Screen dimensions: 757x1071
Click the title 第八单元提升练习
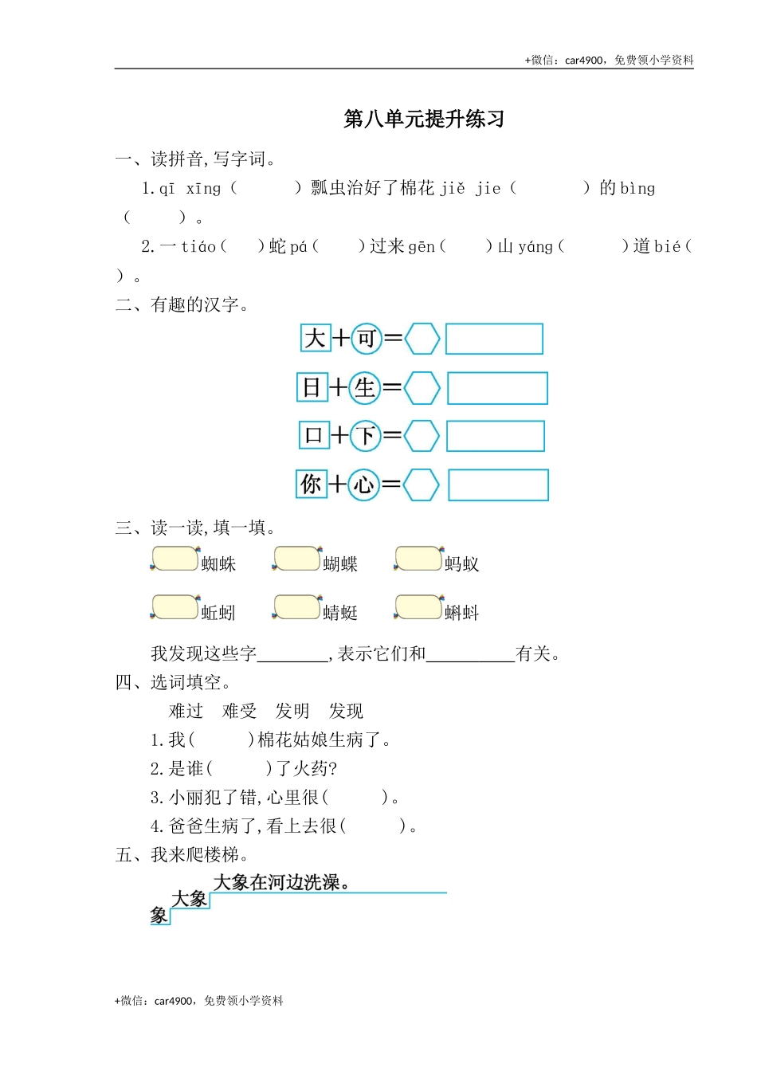click(424, 120)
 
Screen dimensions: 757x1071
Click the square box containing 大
click(315, 338)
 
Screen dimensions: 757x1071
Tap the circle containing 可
click(366, 339)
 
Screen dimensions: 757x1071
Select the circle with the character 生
click(364, 388)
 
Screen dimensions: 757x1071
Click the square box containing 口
click(313, 435)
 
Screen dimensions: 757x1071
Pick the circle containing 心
click(363, 484)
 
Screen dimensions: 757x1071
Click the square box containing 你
click(311, 484)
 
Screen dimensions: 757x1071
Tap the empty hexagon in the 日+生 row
click(422, 388)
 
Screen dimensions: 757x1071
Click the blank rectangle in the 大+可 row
click(494, 339)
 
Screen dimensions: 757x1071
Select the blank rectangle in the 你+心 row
click(498, 484)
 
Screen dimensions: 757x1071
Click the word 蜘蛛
click(218, 564)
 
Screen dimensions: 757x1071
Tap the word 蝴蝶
click(340, 564)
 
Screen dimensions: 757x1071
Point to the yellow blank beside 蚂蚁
click(418, 559)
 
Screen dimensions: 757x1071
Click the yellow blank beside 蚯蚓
click(175, 607)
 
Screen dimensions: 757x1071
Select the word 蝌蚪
click(461, 613)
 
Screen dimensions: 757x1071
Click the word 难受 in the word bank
click(239, 711)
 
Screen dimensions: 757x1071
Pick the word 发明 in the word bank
click(292, 711)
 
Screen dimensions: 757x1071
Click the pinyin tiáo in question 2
click(198, 247)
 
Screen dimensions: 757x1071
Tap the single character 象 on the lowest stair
click(159, 916)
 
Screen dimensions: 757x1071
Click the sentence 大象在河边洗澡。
click(282, 882)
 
